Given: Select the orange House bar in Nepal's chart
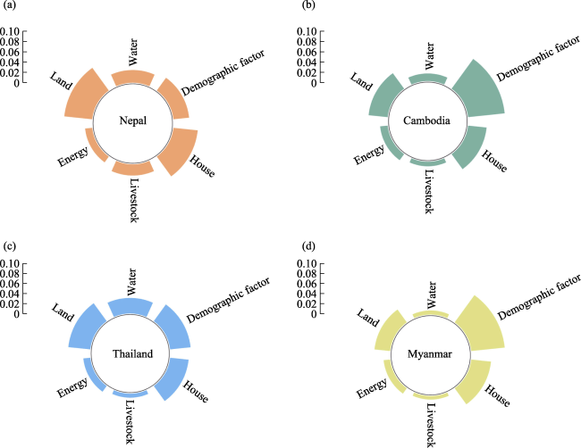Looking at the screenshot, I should pos(176,153).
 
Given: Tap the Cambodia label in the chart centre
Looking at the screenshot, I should pos(426,120).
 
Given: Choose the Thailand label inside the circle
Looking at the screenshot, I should pos(133,353).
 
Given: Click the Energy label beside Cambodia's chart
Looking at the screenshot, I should pos(368,153).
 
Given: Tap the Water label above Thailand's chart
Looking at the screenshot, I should pos(133,281).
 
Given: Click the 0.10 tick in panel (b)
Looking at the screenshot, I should pos(304,32).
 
